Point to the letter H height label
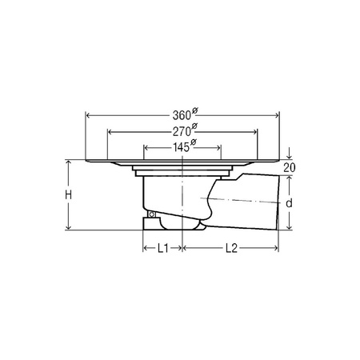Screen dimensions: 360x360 coord(69,195)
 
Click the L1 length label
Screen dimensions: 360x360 coord(163,248)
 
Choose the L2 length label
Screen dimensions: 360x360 coord(231,248)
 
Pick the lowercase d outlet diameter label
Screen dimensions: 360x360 coord(289,203)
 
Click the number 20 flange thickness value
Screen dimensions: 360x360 coord(290,168)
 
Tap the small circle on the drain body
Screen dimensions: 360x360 coord(152,214)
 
